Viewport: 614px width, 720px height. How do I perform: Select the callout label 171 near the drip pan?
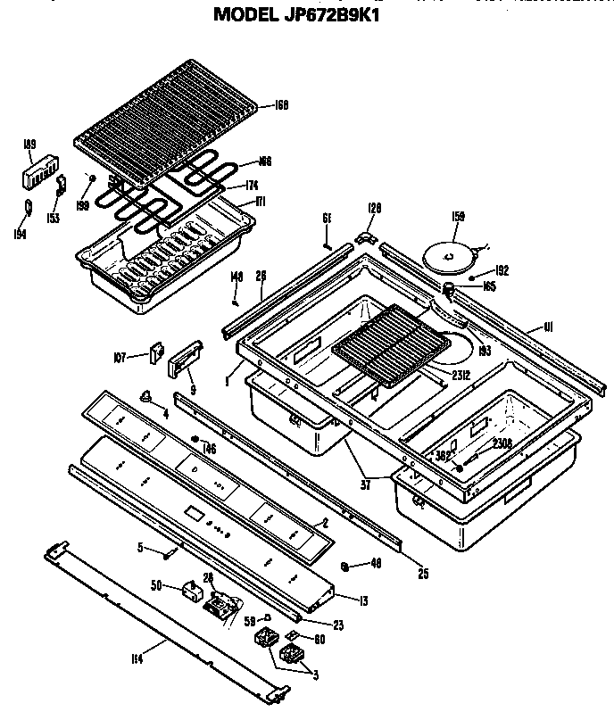(x=261, y=202)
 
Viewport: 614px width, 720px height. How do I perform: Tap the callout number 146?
(x=211, y=450)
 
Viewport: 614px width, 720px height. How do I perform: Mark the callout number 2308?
(x=502, y=443)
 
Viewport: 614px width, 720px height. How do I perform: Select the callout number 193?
(x=485, y=351)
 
